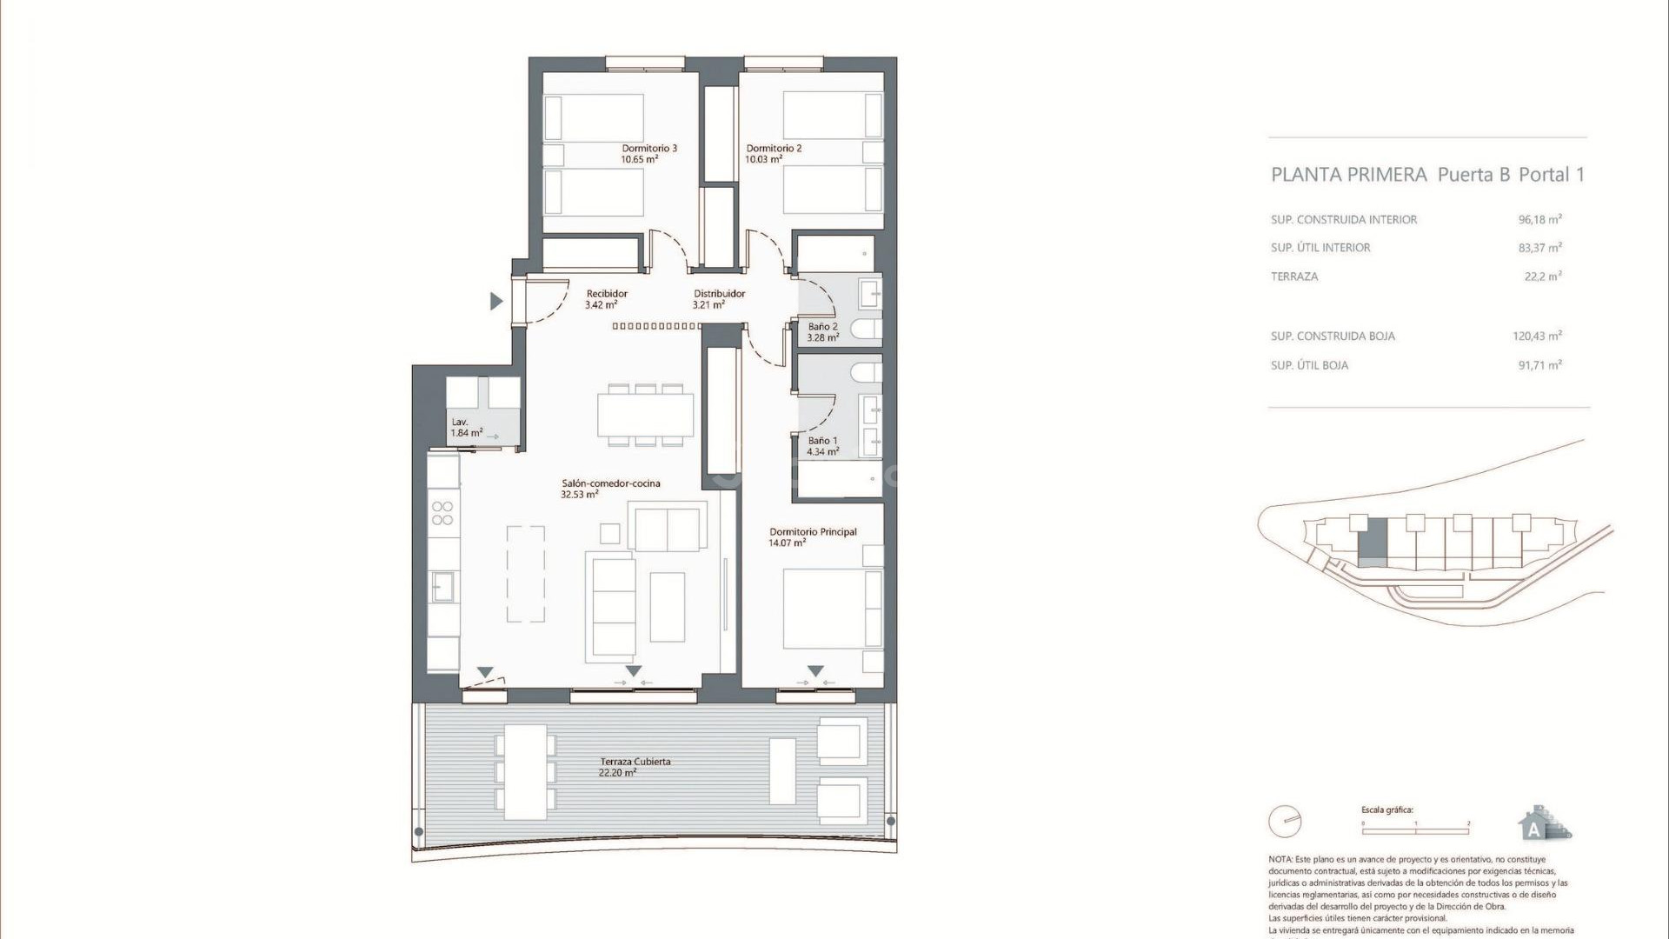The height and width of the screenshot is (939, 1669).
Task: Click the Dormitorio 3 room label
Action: point(648,148)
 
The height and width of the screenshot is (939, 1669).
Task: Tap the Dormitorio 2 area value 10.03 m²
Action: point(764,160)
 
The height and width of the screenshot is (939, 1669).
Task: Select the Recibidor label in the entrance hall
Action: point(606,294)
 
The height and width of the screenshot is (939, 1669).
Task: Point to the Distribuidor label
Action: point(719,294)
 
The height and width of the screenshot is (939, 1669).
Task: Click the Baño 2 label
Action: point(822,327)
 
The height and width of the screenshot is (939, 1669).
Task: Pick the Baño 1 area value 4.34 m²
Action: point(822,452)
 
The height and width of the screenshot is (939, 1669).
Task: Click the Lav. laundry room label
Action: point(460,422)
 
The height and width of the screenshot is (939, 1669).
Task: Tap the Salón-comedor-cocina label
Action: point(610,483)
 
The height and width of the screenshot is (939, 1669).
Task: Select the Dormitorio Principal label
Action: point(813,532)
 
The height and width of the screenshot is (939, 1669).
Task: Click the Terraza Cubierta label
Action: point(635,762)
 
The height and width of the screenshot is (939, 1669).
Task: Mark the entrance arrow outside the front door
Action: point(496,302)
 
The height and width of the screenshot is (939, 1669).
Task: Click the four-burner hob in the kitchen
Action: point(442,513)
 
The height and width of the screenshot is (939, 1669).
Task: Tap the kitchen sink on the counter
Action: point(442,585)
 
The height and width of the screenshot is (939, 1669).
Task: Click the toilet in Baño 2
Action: point(866,330)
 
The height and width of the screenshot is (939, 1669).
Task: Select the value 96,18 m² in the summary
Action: point(1539,220)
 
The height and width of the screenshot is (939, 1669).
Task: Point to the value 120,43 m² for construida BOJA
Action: point(1537,336)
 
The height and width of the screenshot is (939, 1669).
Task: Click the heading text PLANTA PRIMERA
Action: point(1348,175)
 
